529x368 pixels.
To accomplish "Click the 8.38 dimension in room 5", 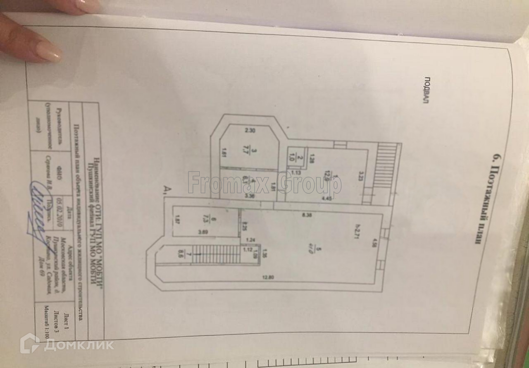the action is tap(306, 214).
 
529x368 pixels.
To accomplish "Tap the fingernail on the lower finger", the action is tap(49, 51).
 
